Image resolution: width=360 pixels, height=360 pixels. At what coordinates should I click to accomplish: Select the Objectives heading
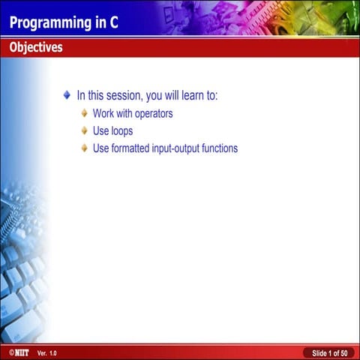coord(36,48)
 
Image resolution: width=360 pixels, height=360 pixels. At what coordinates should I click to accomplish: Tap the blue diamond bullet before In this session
coord(67,96)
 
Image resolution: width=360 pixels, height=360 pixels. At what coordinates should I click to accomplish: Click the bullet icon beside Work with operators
coord(85,114)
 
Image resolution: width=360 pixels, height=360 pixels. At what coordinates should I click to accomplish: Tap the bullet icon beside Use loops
coord(85,131)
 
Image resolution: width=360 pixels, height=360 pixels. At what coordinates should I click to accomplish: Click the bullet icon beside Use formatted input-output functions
coord(85,148)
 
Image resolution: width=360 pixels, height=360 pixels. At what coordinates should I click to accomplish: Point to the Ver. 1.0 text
coord(46,352)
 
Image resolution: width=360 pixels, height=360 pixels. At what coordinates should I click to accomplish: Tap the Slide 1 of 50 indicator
coord(329,352)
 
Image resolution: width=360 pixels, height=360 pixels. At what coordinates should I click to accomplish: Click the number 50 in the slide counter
coord(343,352)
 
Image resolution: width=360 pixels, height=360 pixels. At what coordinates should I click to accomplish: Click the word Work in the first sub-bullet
coord(103,114)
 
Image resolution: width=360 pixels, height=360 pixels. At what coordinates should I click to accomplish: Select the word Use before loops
coord(100,131)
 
